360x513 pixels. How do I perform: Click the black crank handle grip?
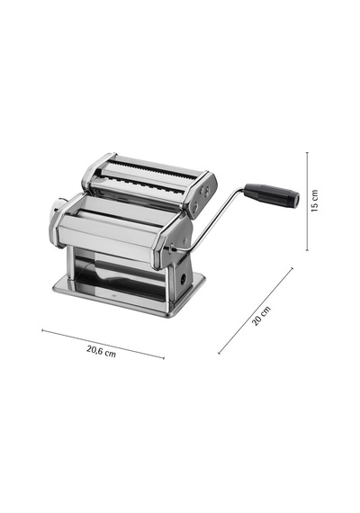[x=272, y=194]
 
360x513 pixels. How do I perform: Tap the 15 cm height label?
[x=314, y=201]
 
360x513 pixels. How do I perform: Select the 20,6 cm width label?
[x=101, y=351]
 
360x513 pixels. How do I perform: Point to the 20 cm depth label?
[x=261, y=315]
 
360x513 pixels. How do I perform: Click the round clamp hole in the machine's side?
[x=184, y=278]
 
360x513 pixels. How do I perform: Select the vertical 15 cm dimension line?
[x=307, y=202]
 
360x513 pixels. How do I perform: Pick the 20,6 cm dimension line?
[x=103, y=344]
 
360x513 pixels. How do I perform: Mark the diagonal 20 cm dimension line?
[x=256, y=310]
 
